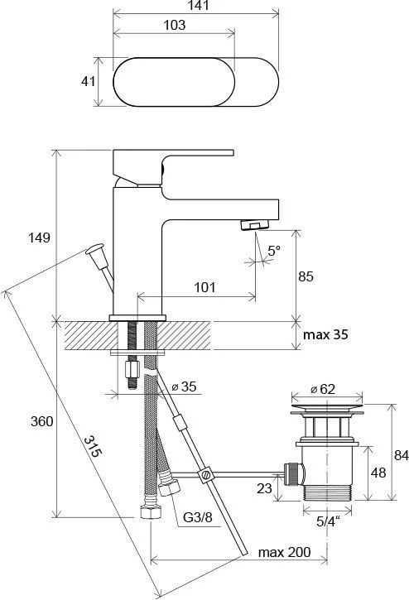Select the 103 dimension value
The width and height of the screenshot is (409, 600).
click(x=174, y=25)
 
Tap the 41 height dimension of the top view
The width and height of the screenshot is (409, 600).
click(x=88, y=81)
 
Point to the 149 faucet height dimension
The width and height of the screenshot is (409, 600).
click(x=39, y=238)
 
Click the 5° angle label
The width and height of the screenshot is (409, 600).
click(x=274, y=251)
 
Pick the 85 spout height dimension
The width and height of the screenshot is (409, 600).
click(x=306, y=276)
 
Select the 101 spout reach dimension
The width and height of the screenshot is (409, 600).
click(x=204, y=287)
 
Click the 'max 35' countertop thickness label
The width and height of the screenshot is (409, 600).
click(x=325, y=334)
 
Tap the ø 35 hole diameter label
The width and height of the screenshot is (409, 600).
click(x=184, y=386)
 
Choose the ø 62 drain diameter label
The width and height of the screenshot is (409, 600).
click(x=322, y=389)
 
